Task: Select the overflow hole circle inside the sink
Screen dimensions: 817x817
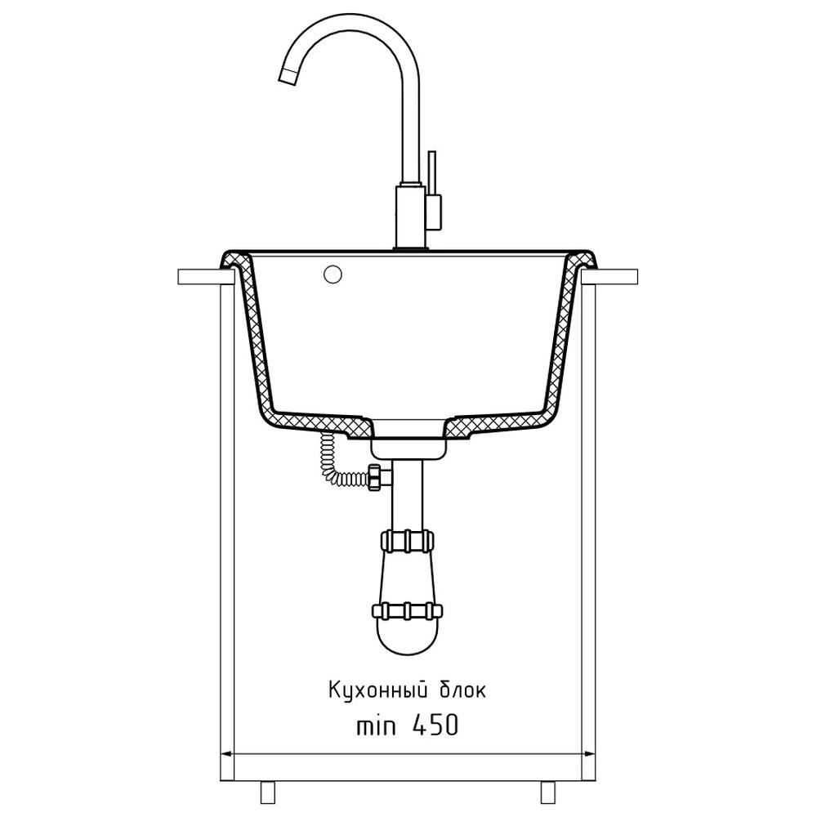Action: [x=333, y=275]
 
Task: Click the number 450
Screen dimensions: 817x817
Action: [x=435, y=725]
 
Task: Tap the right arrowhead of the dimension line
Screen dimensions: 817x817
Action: [x=589, y=754]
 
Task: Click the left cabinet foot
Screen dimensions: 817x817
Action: [x=267, y=792]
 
